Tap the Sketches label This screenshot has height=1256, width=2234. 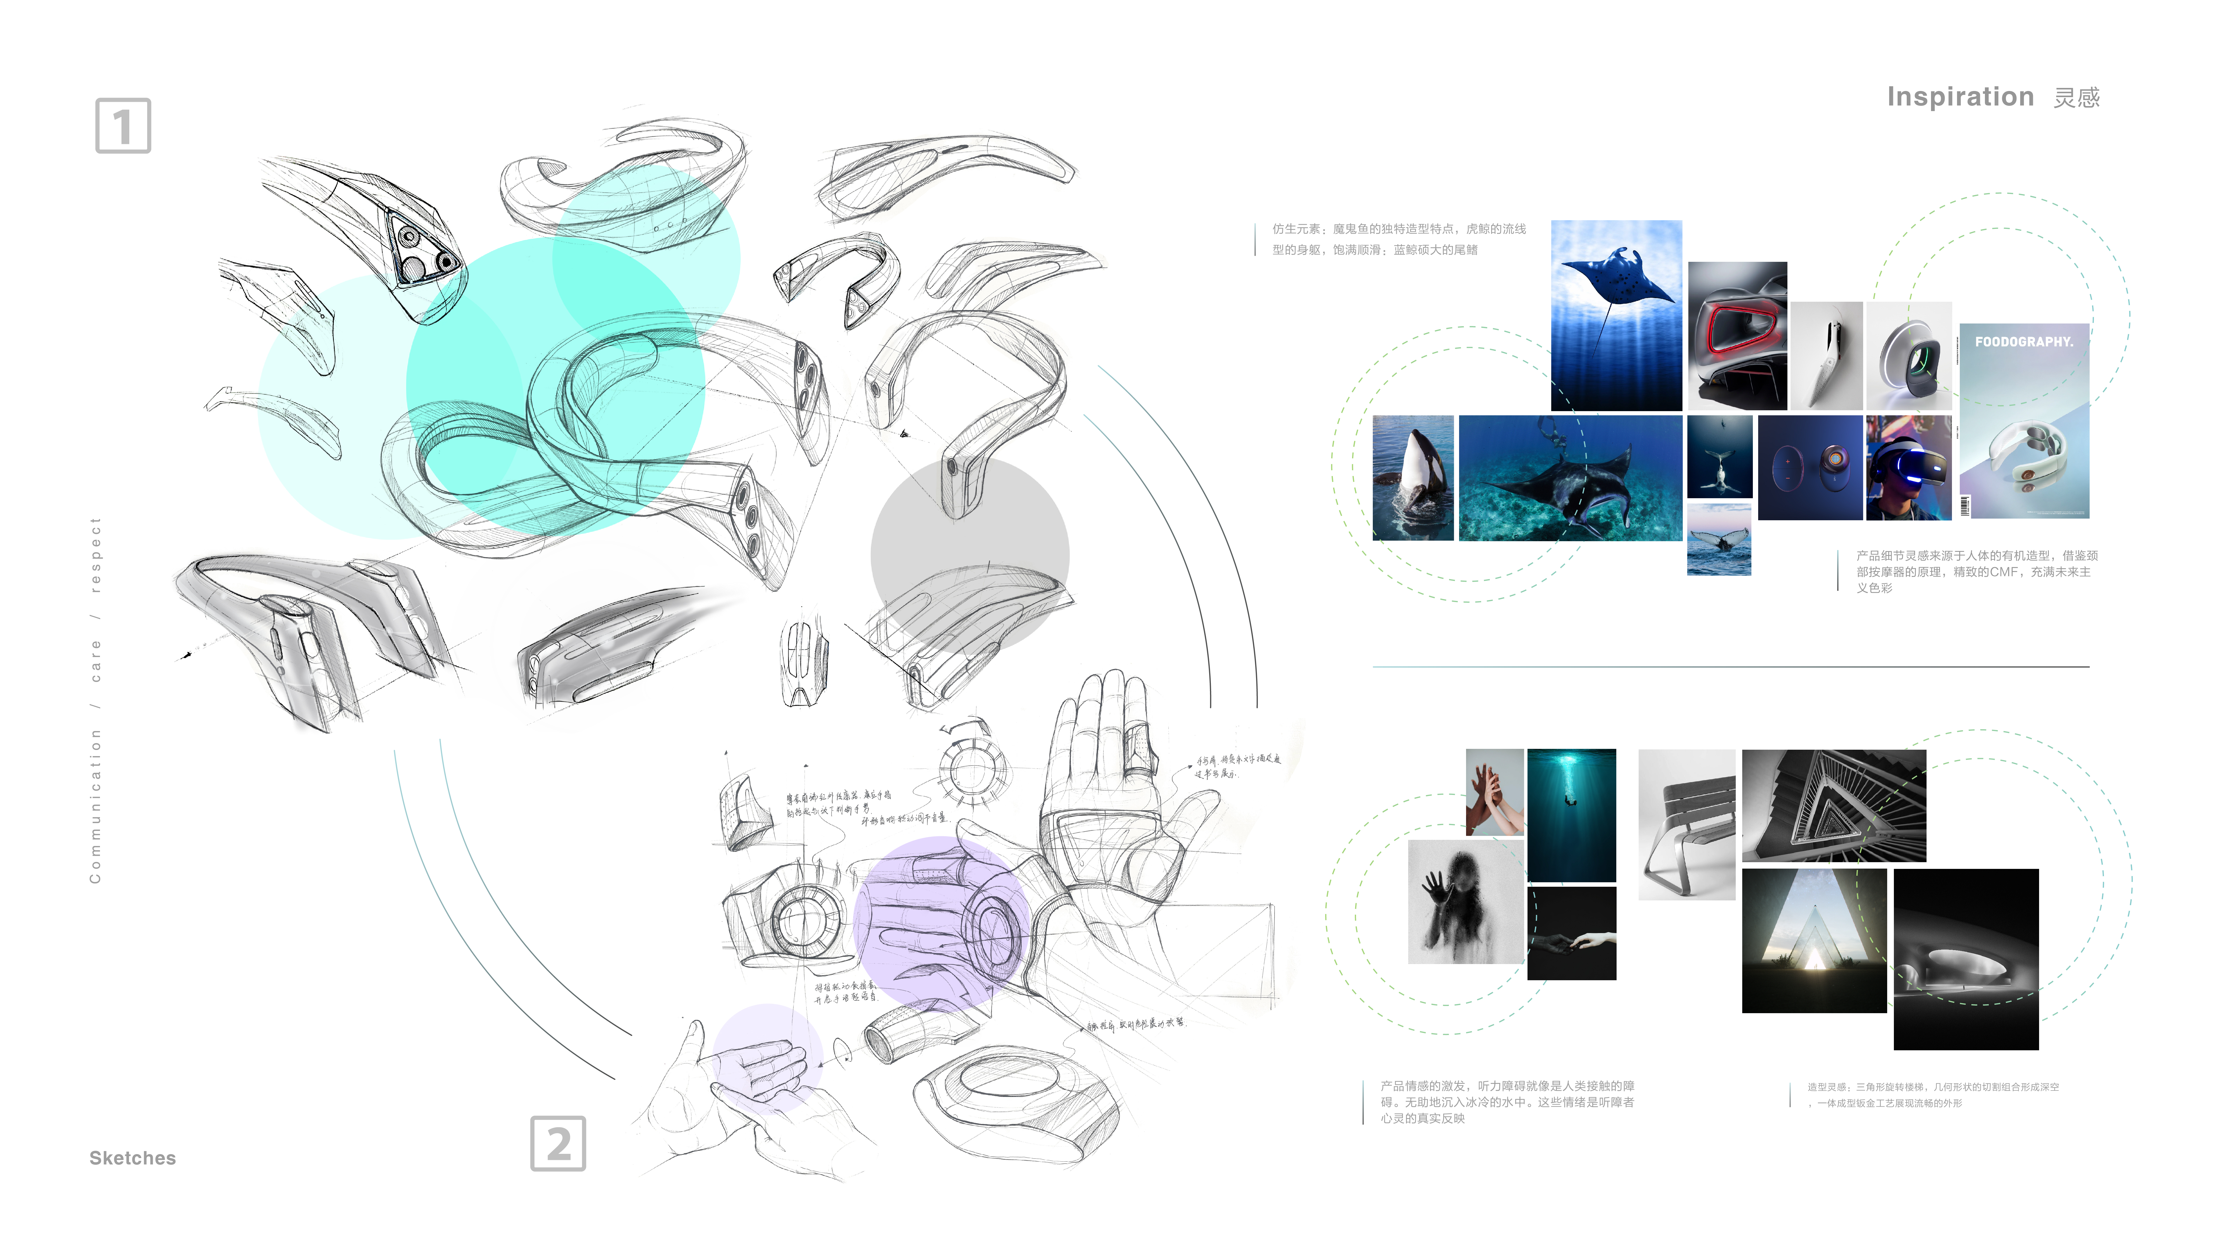click(x=133, y=1158)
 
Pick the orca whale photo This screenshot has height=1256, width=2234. click(x=1413, y=478)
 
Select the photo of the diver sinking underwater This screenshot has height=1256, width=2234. click(x=1571, y=815)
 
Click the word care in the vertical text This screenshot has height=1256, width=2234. click(x=96, y=660)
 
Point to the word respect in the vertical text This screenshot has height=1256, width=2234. click(x=96, y=555)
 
